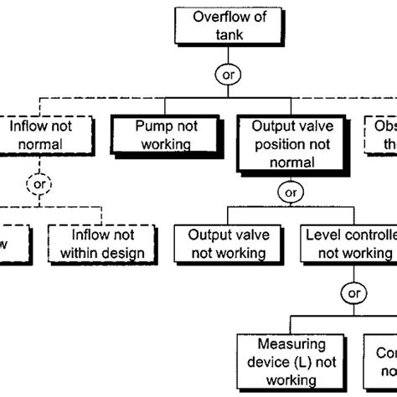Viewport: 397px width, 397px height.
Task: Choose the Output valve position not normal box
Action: click(290, 142)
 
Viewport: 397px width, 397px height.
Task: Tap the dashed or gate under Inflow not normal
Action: click(38, 180)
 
